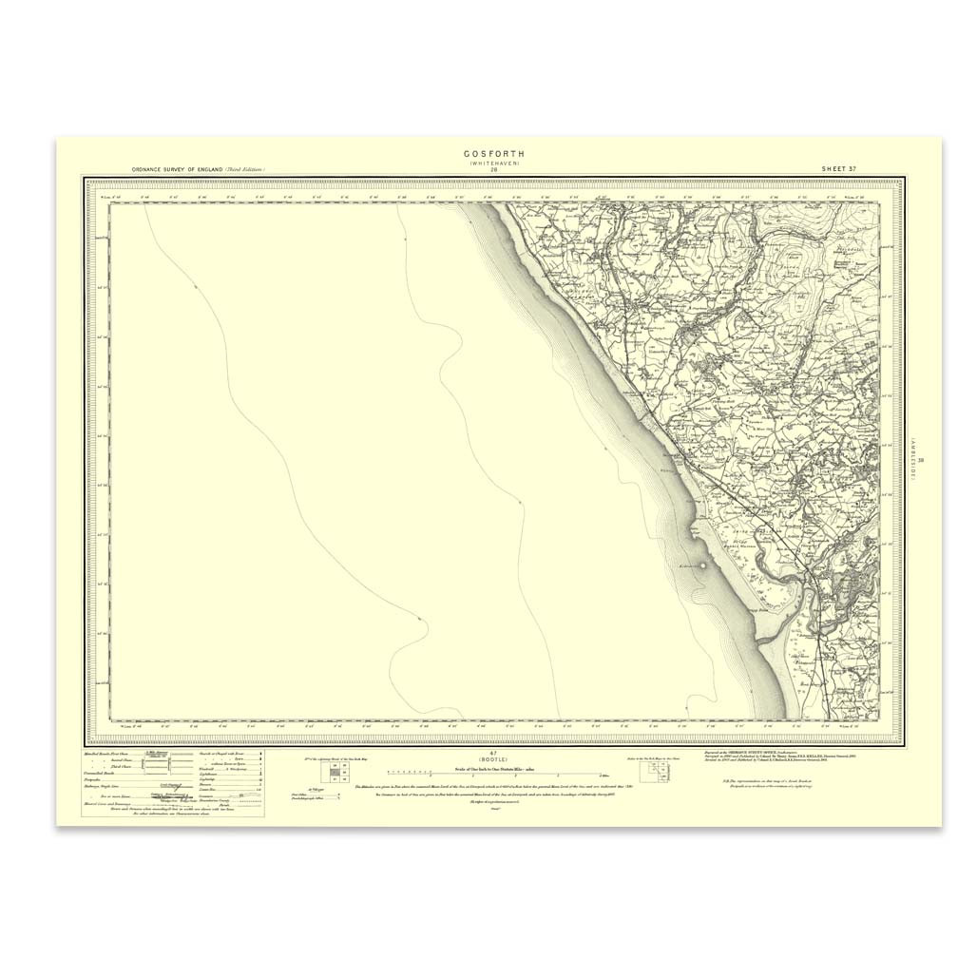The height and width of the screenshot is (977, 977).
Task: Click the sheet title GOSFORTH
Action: point(493,153)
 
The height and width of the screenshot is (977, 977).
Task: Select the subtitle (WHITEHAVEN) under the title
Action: point(493,163)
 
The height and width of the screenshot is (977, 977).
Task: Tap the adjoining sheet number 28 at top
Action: point(493,171)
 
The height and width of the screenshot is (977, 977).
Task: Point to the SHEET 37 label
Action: point(839,168)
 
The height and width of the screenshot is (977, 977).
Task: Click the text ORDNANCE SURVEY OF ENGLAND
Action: point(177,169)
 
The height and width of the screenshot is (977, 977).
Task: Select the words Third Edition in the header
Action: point(244,169)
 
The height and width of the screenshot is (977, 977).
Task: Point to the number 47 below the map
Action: point(493,752)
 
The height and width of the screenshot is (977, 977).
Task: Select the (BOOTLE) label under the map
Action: point(493,759)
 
